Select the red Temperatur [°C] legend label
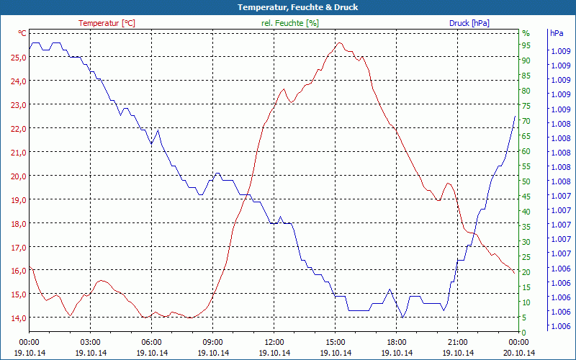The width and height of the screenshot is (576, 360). pos(107,23)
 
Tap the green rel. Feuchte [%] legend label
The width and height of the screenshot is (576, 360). pos(289,23)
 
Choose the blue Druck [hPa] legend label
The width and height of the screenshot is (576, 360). pos(469,23)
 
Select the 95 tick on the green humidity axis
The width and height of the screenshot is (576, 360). pos(526,45)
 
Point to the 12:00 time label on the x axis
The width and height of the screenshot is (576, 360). pos(274,342)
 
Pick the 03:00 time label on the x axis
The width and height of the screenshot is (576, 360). pos(91,342)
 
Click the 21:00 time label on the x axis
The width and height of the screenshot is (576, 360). pos(458,342)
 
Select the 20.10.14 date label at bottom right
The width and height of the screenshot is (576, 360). pos(519,353)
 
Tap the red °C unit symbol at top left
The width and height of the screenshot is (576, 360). pos(22,34)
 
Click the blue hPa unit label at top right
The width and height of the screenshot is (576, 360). pos(557,34)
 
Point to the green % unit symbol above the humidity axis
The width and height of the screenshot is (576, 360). pos(526,34)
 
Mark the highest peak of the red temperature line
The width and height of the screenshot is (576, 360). pos(339,43)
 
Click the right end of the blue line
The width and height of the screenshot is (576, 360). pos(515,116)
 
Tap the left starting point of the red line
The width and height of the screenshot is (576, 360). pos(30,266)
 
